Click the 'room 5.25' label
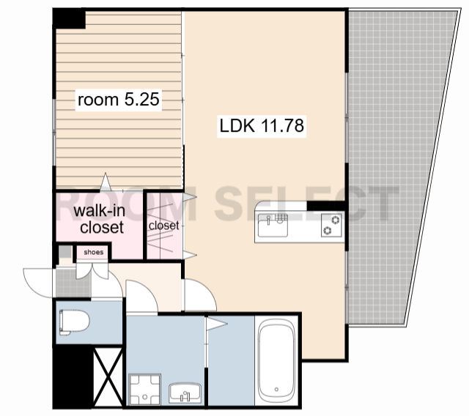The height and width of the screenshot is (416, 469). coord(119,100)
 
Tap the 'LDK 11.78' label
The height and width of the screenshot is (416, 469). coord(262,125)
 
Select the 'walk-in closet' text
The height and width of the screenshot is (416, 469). coord(100,219)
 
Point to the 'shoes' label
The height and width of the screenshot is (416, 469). coord(94,252)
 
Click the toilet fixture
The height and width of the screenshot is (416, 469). coord(74,322)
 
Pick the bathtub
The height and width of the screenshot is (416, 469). coord(276,361)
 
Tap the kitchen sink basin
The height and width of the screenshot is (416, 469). coord(273,225)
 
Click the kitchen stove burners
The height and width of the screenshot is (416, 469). coord(331,225)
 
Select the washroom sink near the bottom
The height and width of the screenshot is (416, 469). coord(185,393)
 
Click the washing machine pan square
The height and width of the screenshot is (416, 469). coord(145,389)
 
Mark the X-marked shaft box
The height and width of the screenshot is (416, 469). coord(108,377)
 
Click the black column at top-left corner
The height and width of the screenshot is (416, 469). coord(70,19)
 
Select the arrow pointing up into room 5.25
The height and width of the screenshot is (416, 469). coord(106,182)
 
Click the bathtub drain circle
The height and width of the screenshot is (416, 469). coord(276,390)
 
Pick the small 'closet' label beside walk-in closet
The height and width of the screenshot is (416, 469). coord(164,226)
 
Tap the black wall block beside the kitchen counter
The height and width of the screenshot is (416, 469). coord(326,206)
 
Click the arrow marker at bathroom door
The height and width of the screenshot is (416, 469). coord(217,324)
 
